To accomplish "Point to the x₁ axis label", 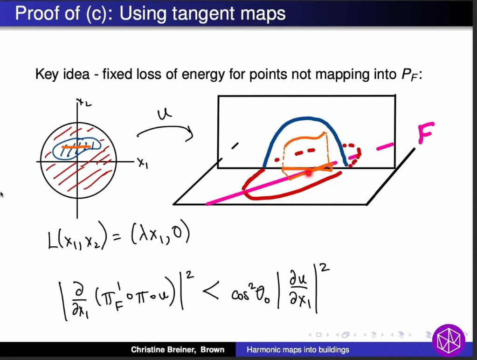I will [142, 163].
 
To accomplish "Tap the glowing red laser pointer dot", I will [308, 173].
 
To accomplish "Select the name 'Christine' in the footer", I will [151, 350].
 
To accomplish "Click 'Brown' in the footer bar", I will [213, 350].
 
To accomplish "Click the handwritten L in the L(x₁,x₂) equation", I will [53, 241].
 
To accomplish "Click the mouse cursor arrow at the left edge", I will [2, 194].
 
